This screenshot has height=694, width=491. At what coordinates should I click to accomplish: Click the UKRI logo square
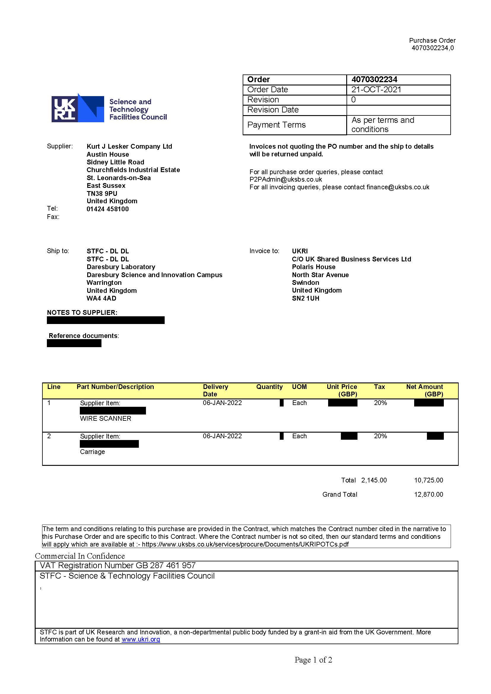64,109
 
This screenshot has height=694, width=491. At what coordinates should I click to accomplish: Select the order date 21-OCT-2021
376,90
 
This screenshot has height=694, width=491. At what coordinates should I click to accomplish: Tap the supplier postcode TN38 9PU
102,193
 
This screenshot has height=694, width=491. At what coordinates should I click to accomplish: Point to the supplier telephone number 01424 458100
108,209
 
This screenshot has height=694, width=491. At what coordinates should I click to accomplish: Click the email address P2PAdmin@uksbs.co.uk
285,179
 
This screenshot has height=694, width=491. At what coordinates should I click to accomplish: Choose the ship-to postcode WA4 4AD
101,298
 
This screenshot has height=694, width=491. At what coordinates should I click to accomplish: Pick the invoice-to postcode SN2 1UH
305,298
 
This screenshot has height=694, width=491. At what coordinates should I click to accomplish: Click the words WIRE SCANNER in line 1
106,419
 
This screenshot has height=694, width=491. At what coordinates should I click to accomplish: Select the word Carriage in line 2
93,452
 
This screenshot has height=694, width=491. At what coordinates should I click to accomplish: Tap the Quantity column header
269,387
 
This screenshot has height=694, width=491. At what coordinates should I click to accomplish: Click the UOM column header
299,387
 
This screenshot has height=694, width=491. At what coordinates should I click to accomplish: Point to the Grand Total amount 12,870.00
428,494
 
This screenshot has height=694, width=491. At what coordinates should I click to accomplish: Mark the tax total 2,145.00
374,480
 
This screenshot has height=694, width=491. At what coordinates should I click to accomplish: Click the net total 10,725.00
428,480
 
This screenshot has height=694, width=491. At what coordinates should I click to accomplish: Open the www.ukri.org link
141,639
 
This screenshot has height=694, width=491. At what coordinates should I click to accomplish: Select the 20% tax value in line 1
380,403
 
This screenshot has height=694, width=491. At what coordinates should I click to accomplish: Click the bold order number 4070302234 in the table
374,80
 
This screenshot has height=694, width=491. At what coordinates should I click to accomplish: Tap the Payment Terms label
276,125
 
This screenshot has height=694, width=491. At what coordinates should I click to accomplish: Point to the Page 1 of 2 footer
313,660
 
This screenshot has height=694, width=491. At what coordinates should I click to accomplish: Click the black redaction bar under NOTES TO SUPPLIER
106,320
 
